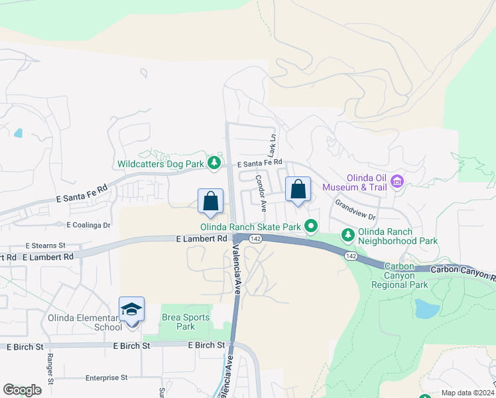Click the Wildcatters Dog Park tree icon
[214, 163]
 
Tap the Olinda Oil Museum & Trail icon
[397, 181]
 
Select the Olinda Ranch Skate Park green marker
[310, 226]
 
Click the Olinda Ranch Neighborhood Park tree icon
[347, 235]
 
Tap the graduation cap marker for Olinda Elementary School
[132, 310]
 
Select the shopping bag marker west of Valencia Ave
[211, 202]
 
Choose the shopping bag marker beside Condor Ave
[298, 190]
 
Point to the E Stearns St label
[46, 245]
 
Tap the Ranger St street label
[50, 368]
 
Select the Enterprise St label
[106, 377]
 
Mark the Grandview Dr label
[355, 210]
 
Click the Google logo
[22, 390]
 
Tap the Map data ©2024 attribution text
[467, 393]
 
